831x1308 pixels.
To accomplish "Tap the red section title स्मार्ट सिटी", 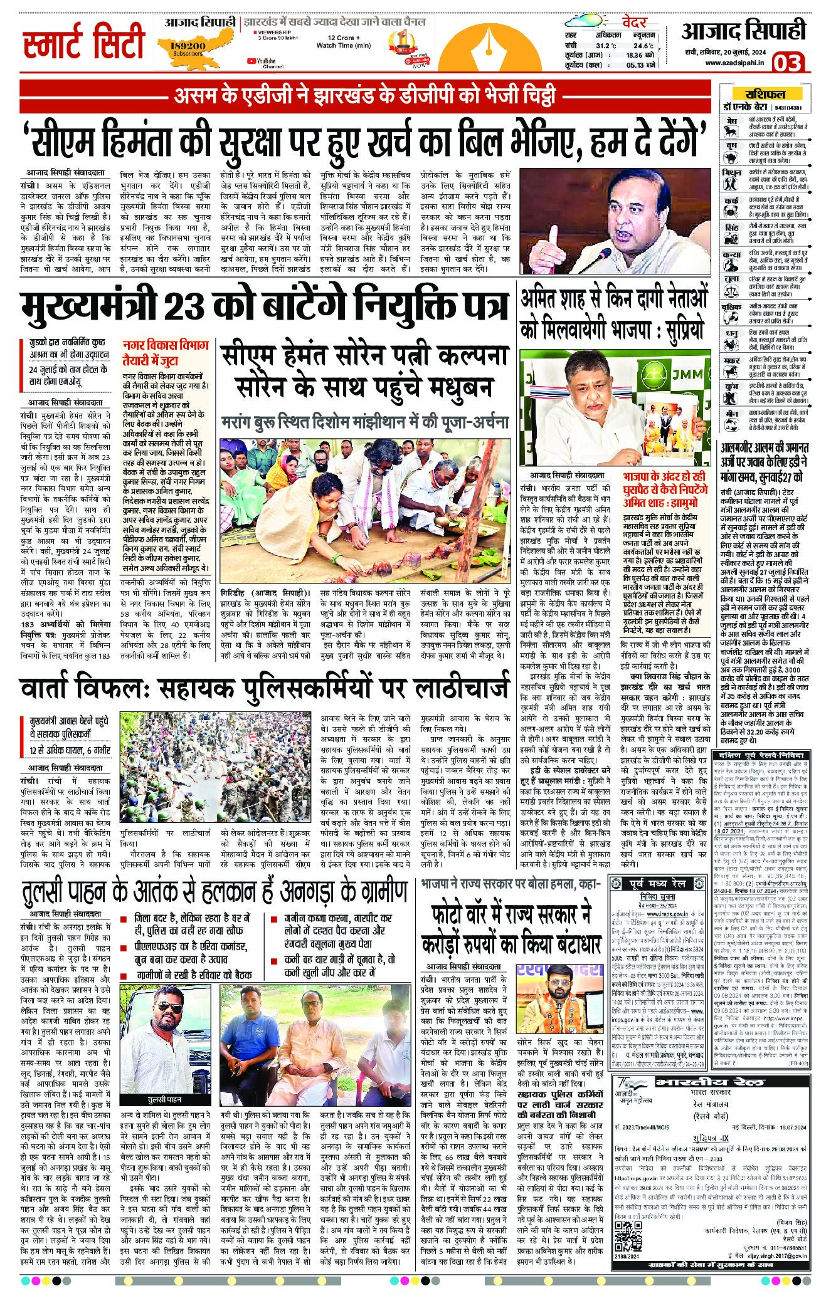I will [83, 42].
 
